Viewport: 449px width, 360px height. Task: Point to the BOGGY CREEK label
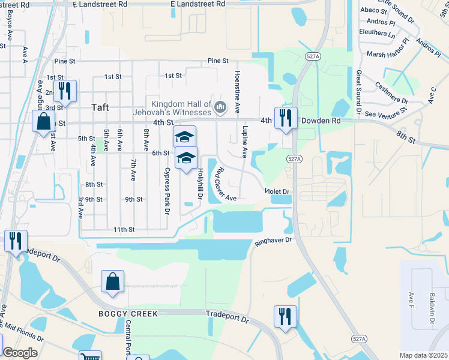pyautogui.click(x=119, y=314)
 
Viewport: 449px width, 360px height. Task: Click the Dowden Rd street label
pyautogui.click(x=321, y=121)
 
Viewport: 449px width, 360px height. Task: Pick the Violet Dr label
pyautogui.click(x=278, y=191)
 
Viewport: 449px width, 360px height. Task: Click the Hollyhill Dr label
pyautogui.click(x=200, y=183)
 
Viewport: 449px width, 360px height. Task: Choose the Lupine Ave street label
pyautogui.click(x=244, y=142)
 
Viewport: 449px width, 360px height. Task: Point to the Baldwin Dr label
pyautogui.click(x=431, y=306)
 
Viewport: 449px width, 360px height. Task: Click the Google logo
pyautogui.click(x=20, y=353)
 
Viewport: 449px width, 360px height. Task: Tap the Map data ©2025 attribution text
pyautogui.click(x=423, y=355)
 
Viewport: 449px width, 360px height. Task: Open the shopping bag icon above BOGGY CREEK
pyautogui.click(x=113, y=282)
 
